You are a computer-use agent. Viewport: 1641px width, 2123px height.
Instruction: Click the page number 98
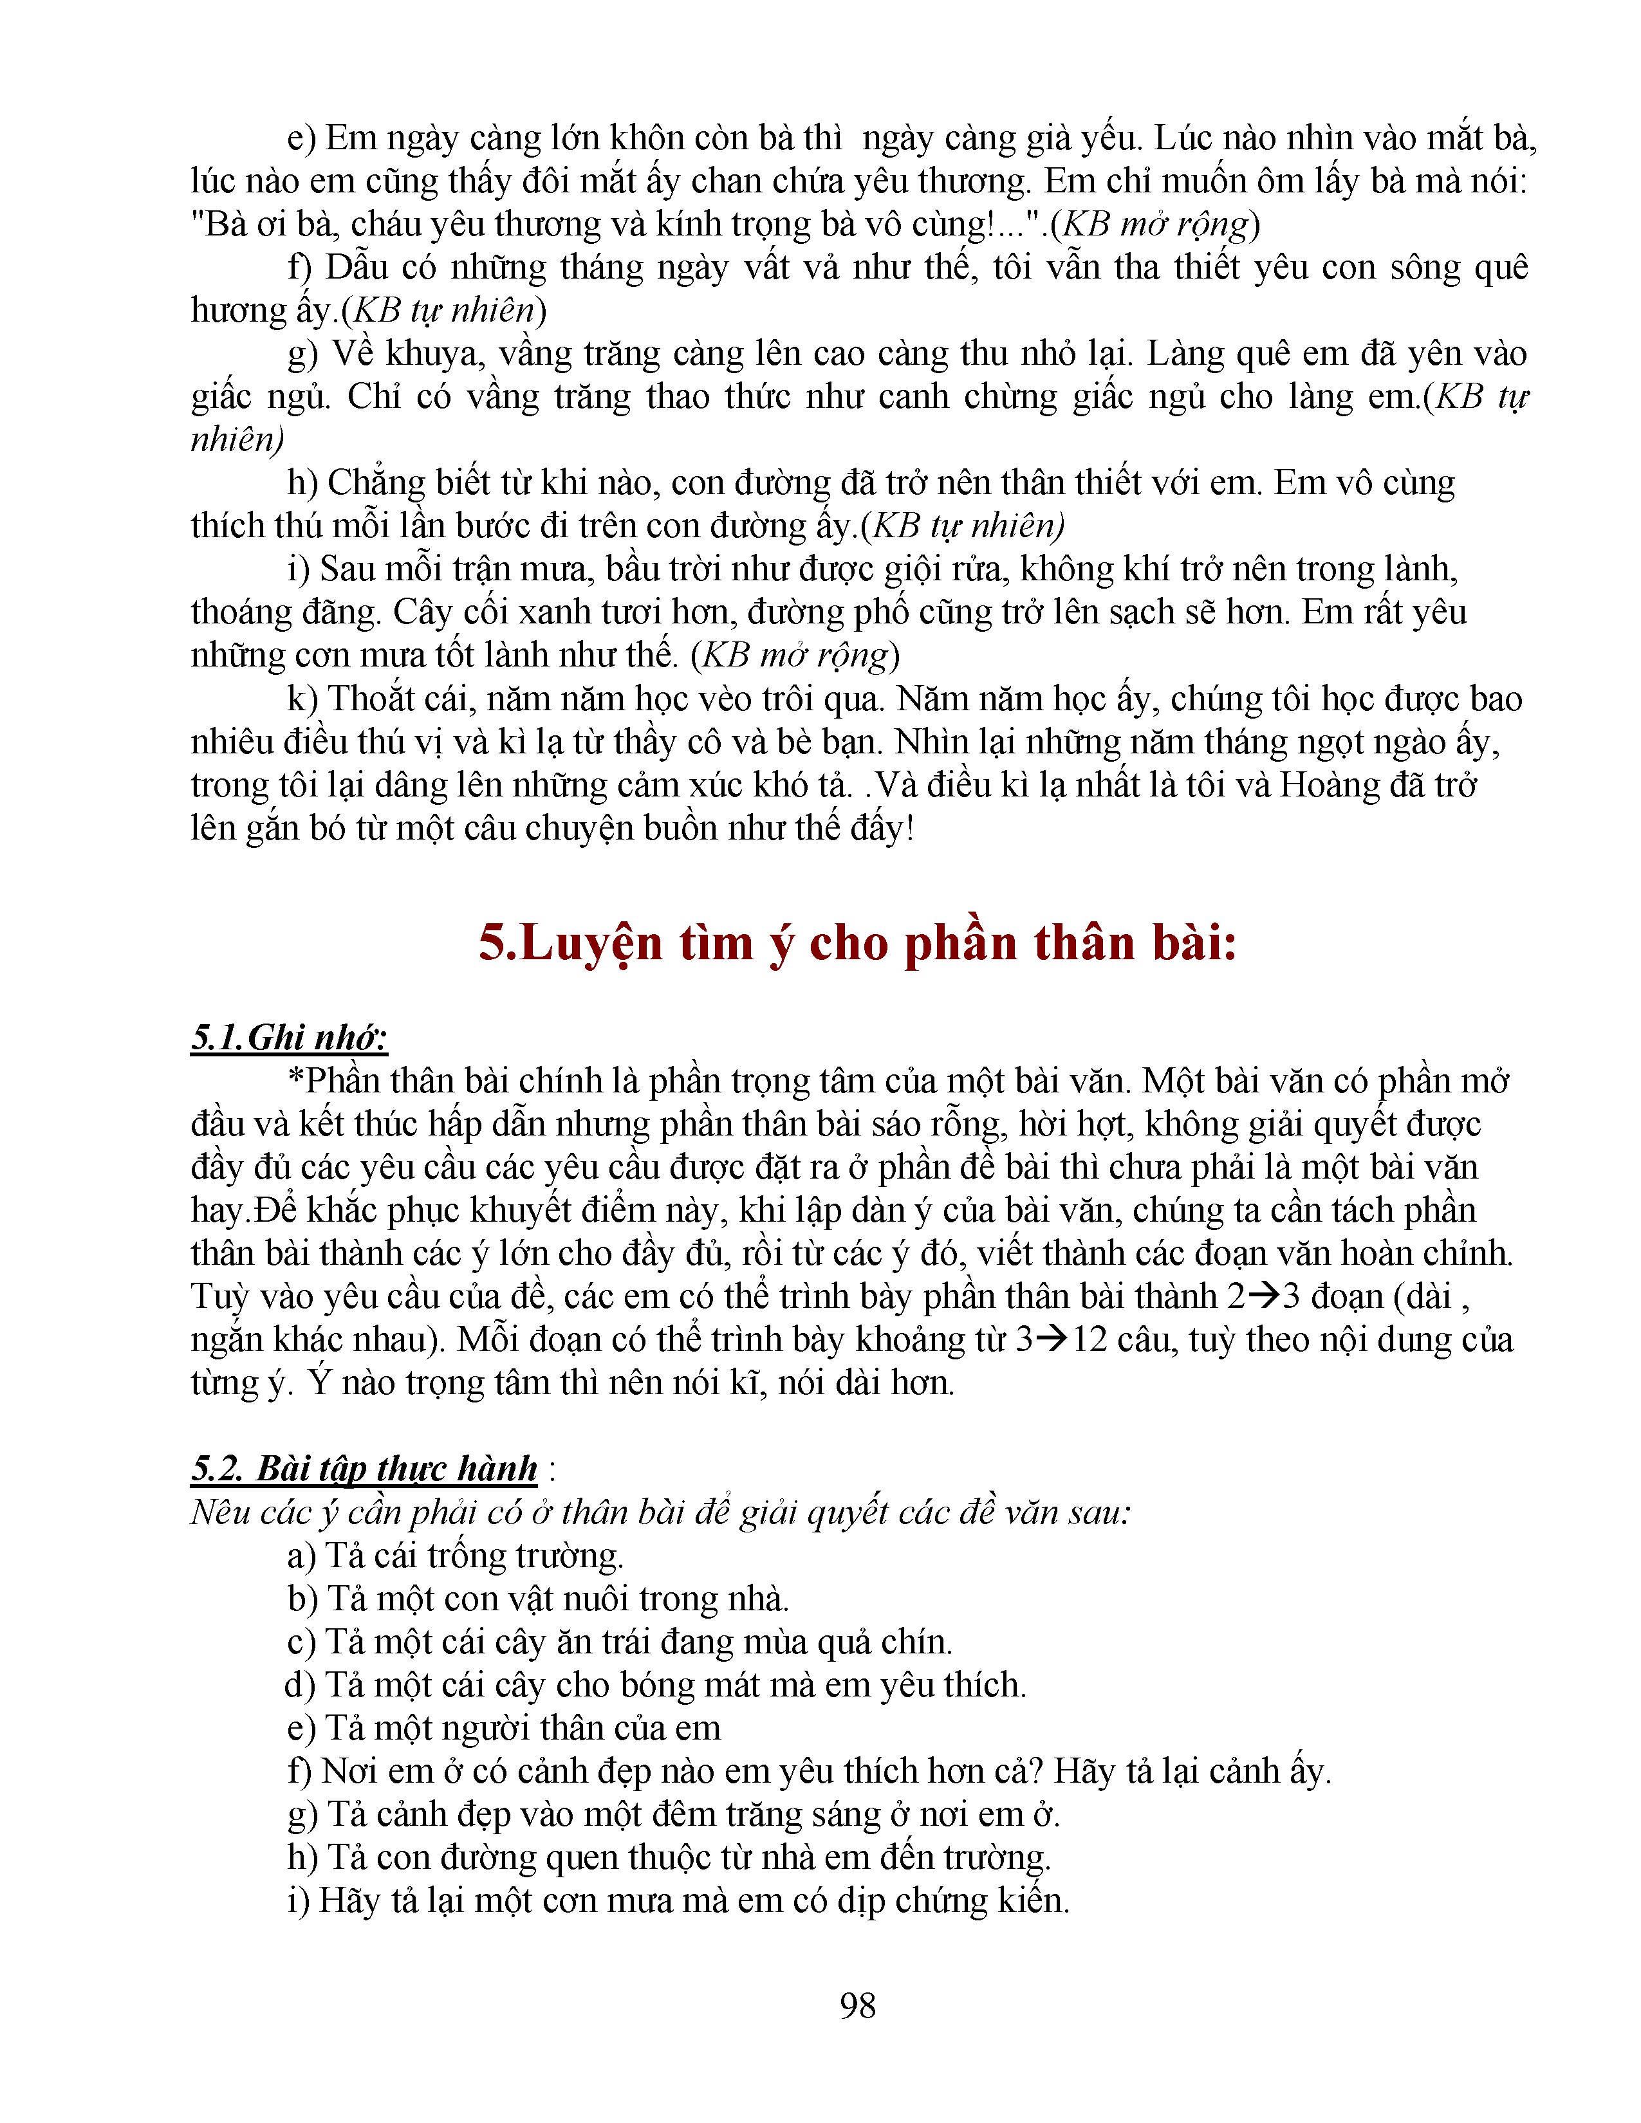tap(857, 2005)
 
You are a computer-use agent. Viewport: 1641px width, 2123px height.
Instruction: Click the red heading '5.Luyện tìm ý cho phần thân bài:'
tap(857, 943)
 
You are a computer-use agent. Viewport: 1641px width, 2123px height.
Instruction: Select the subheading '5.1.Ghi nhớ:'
tap(289, 1037)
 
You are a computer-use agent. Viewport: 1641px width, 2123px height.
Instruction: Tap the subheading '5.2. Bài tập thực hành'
tap(364, 1469)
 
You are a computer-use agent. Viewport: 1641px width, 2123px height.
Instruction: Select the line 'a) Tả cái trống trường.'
tap(455, 1556)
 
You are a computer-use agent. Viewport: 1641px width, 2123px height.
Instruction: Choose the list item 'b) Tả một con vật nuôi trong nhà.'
tap(537, 1599)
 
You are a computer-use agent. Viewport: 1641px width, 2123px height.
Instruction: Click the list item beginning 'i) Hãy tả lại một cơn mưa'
tap(678, 1900)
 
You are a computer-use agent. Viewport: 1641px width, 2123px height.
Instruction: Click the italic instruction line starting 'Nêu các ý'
tap(661, 1512)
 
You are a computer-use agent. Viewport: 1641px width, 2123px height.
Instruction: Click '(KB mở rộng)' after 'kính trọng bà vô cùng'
tap(1155, 225)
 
